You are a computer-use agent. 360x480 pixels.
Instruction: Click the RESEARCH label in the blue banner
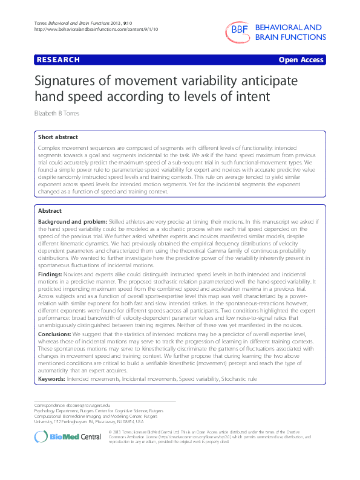(x=58, y=60)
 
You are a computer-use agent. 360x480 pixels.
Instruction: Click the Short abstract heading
(x=57, y=138)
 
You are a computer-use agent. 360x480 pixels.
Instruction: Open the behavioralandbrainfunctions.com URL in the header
(x=78, y=30)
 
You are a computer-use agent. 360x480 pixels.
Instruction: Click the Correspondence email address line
(x=72, y=404)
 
